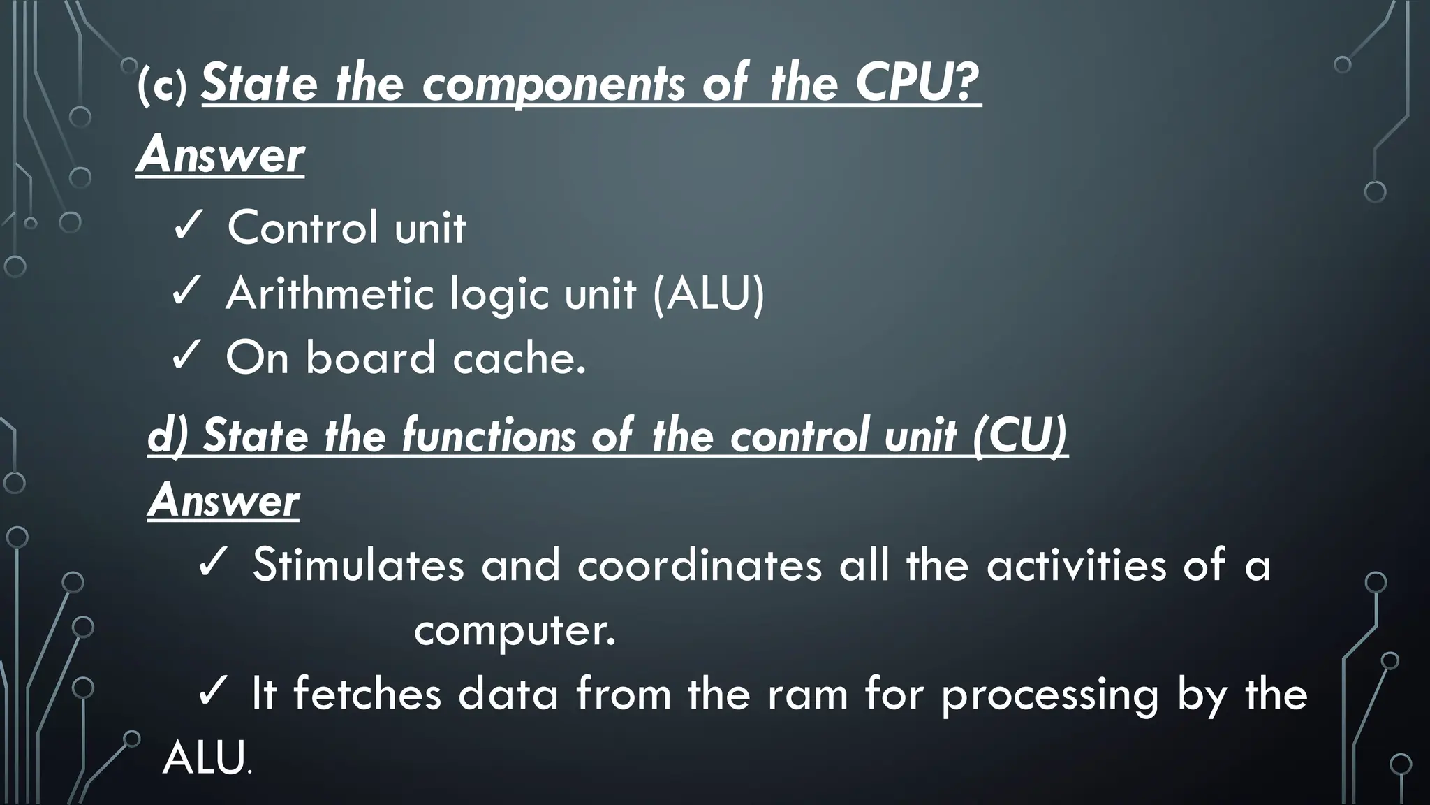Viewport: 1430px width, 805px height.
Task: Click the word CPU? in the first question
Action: tap(917, 84)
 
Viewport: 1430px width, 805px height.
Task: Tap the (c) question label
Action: tap(163, 87)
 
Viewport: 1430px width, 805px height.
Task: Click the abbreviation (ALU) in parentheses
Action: tap(709, 293)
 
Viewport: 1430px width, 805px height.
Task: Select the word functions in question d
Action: tap(488, 436)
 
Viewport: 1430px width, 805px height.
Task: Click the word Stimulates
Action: tap(358, 565)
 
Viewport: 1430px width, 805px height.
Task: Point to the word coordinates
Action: tap(699, 565)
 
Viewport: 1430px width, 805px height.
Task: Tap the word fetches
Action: tap(367, 695)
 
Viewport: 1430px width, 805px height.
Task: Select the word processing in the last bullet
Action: tap(1049, 696)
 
